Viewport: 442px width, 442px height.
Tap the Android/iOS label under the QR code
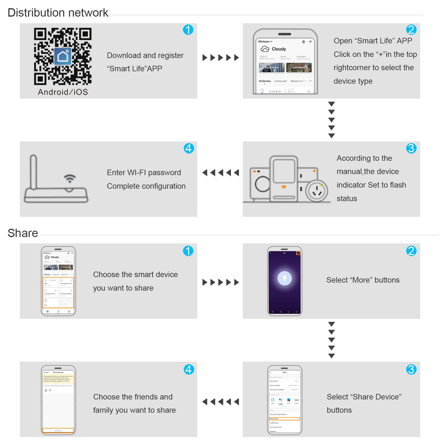[63, 92]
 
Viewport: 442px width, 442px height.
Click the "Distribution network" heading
[58, 13]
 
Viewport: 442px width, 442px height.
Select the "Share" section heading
[23, 233]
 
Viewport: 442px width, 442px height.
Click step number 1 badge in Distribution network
[188, 30]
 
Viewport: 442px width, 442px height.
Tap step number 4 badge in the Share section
[189, 370]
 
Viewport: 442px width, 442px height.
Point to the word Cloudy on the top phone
[279, 49]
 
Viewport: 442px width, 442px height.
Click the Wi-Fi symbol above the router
[70, 178]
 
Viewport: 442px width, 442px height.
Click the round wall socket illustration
[317, 191]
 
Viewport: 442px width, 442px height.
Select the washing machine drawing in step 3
[260, 184]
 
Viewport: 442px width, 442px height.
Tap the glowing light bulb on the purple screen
[284, 278]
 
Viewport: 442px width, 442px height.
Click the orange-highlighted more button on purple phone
[298, 253]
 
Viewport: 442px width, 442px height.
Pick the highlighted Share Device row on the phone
[284, 418]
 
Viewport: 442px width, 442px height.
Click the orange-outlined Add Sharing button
[58, 431]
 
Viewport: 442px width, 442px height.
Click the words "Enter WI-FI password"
[144, 173]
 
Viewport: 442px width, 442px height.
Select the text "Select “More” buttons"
[363, 280]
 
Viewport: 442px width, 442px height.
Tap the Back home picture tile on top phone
[272, 68]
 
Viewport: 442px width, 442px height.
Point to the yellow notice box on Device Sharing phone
[58, 379]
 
